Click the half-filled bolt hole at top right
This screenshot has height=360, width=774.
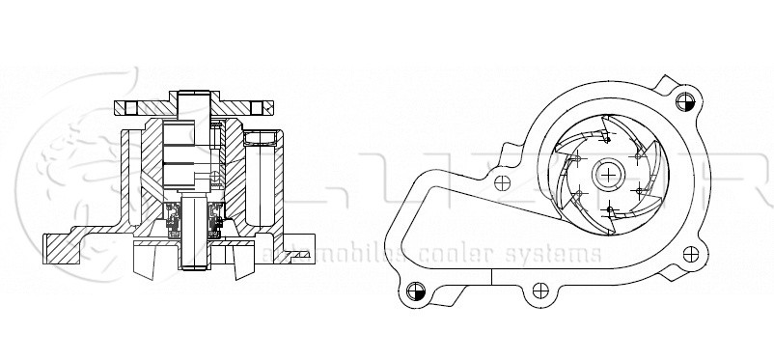coord(686,99)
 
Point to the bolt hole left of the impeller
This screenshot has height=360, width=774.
coord(501,180)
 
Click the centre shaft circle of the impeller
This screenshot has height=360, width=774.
coord(609,175)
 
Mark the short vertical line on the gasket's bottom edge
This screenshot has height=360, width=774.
coord(492,277)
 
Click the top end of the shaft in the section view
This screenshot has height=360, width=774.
coord(194,93)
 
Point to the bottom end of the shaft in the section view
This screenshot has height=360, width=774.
coord(195,266)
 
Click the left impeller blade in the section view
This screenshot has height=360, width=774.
coord(147,255)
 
